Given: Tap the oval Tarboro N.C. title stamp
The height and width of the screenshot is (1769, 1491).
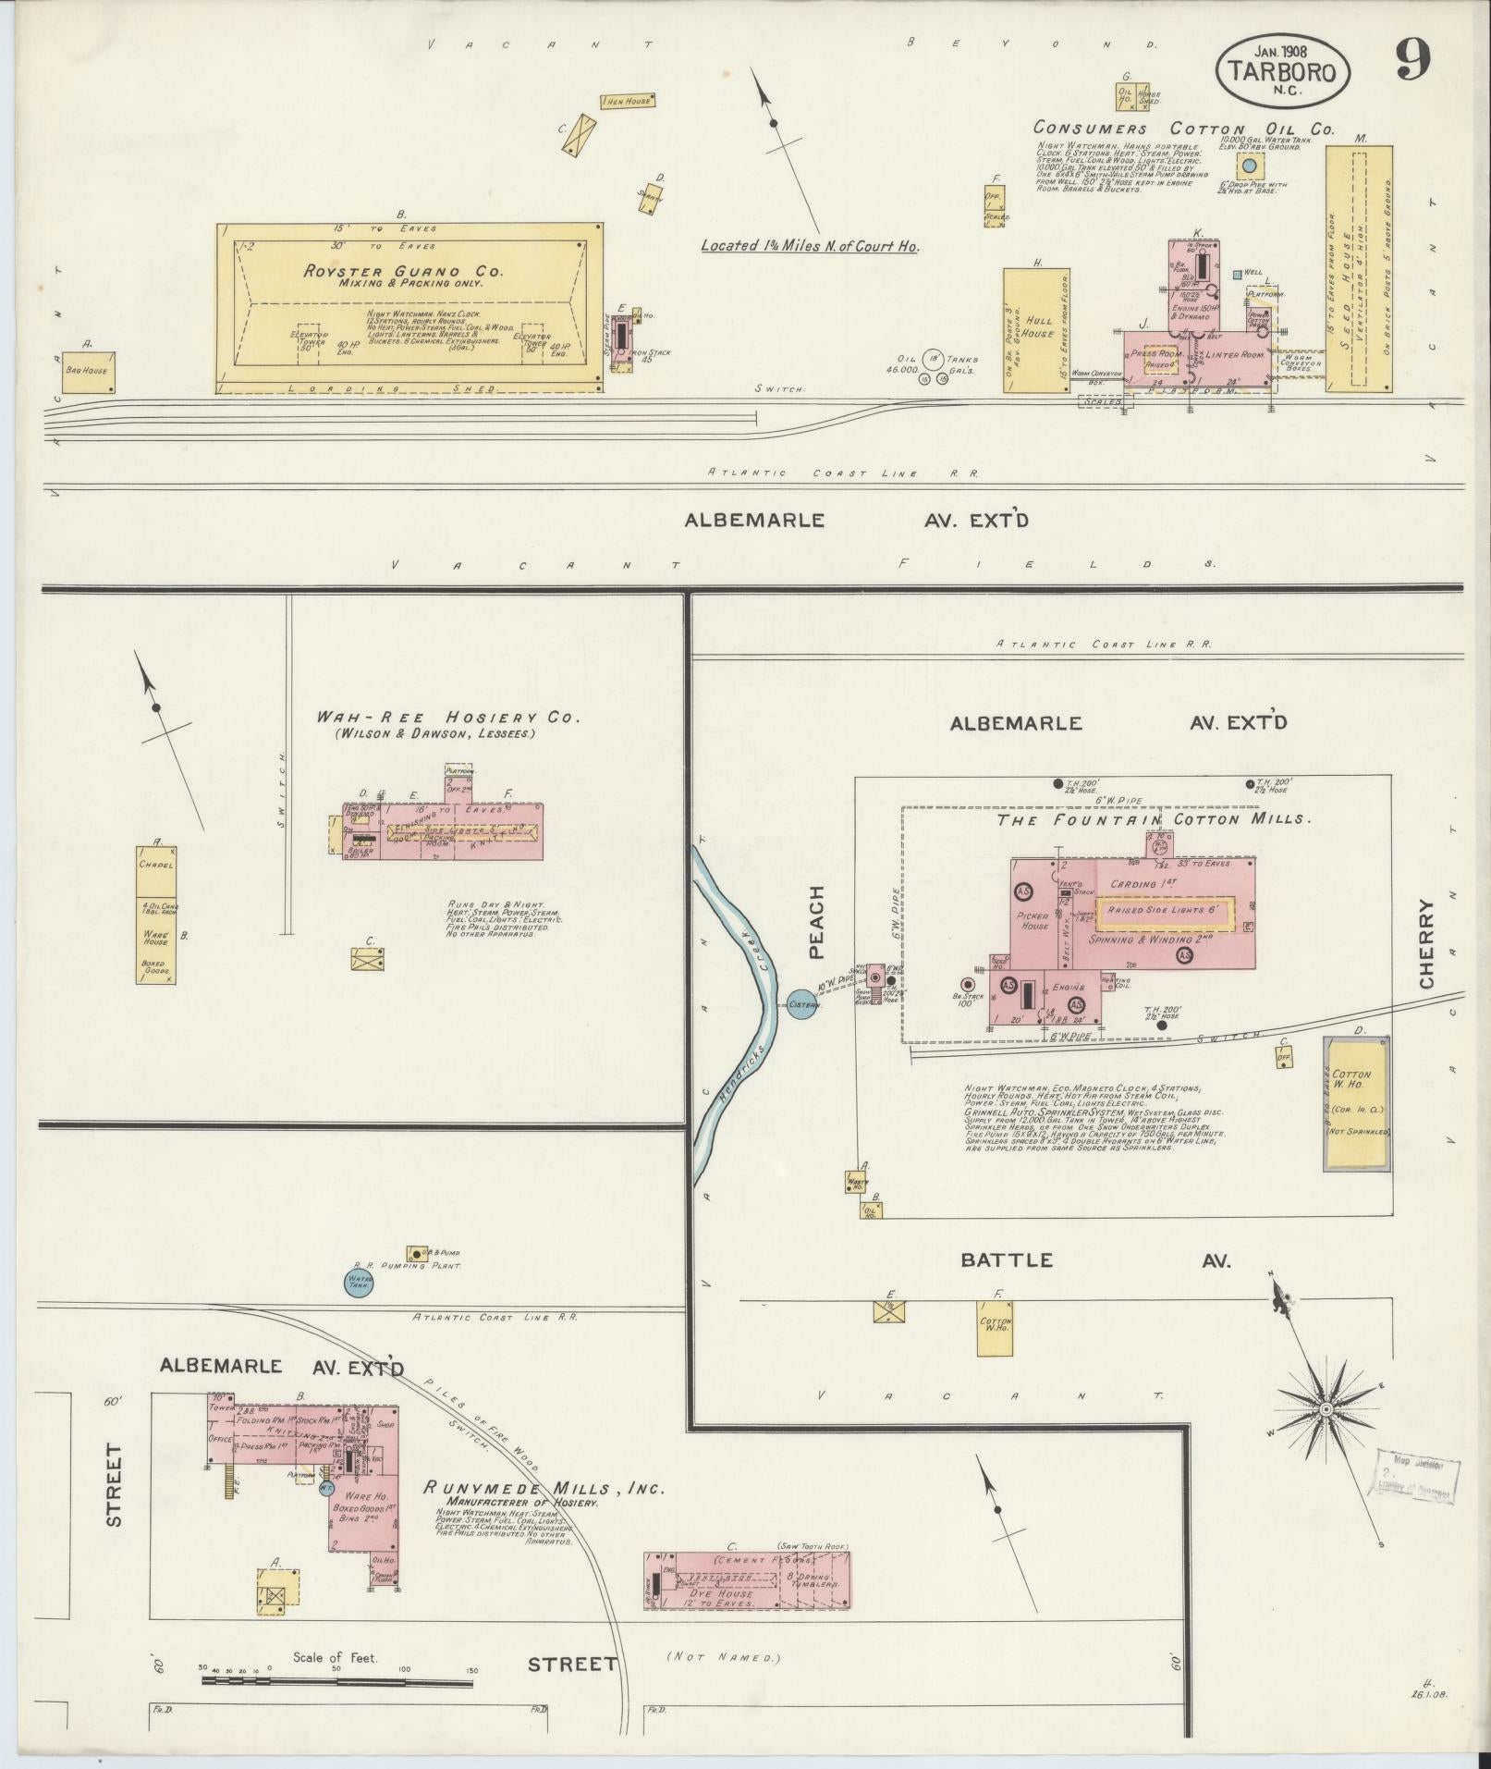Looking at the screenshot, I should tap(1282, 72).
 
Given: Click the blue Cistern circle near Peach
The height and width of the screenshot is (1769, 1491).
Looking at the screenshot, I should tap(802, 1005).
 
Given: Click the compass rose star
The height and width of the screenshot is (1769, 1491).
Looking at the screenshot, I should tap(1326, 1409).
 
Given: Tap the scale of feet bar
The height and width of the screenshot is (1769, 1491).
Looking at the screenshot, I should tap(337, 1671).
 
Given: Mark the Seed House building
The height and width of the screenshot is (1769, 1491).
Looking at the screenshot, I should tap(1358, 268).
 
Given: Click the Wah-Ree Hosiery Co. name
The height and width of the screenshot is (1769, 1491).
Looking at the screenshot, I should tap(447, 717).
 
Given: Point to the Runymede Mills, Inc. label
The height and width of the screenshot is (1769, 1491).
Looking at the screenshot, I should tap(544, 1488).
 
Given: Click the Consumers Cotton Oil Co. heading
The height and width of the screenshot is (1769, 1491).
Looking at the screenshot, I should tap(1183, 129).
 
